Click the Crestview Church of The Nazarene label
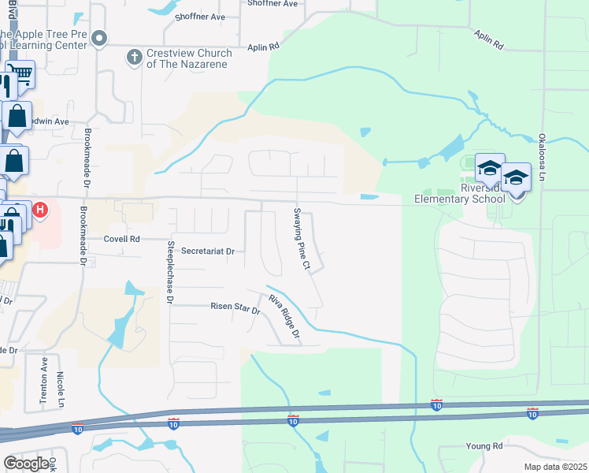point(189,58)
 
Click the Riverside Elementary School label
point(460,194)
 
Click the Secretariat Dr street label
point(208,251)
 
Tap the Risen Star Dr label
point(235,307)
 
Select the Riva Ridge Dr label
point(285,318)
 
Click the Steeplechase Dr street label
point(169,273)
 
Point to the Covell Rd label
point(122,239)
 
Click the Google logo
point(26,464)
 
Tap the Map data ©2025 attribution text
point(554,466)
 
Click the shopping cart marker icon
point(21,76)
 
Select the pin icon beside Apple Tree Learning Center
point(98,39)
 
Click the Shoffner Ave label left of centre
point(200,17)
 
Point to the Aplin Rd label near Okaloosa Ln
point(488,39)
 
